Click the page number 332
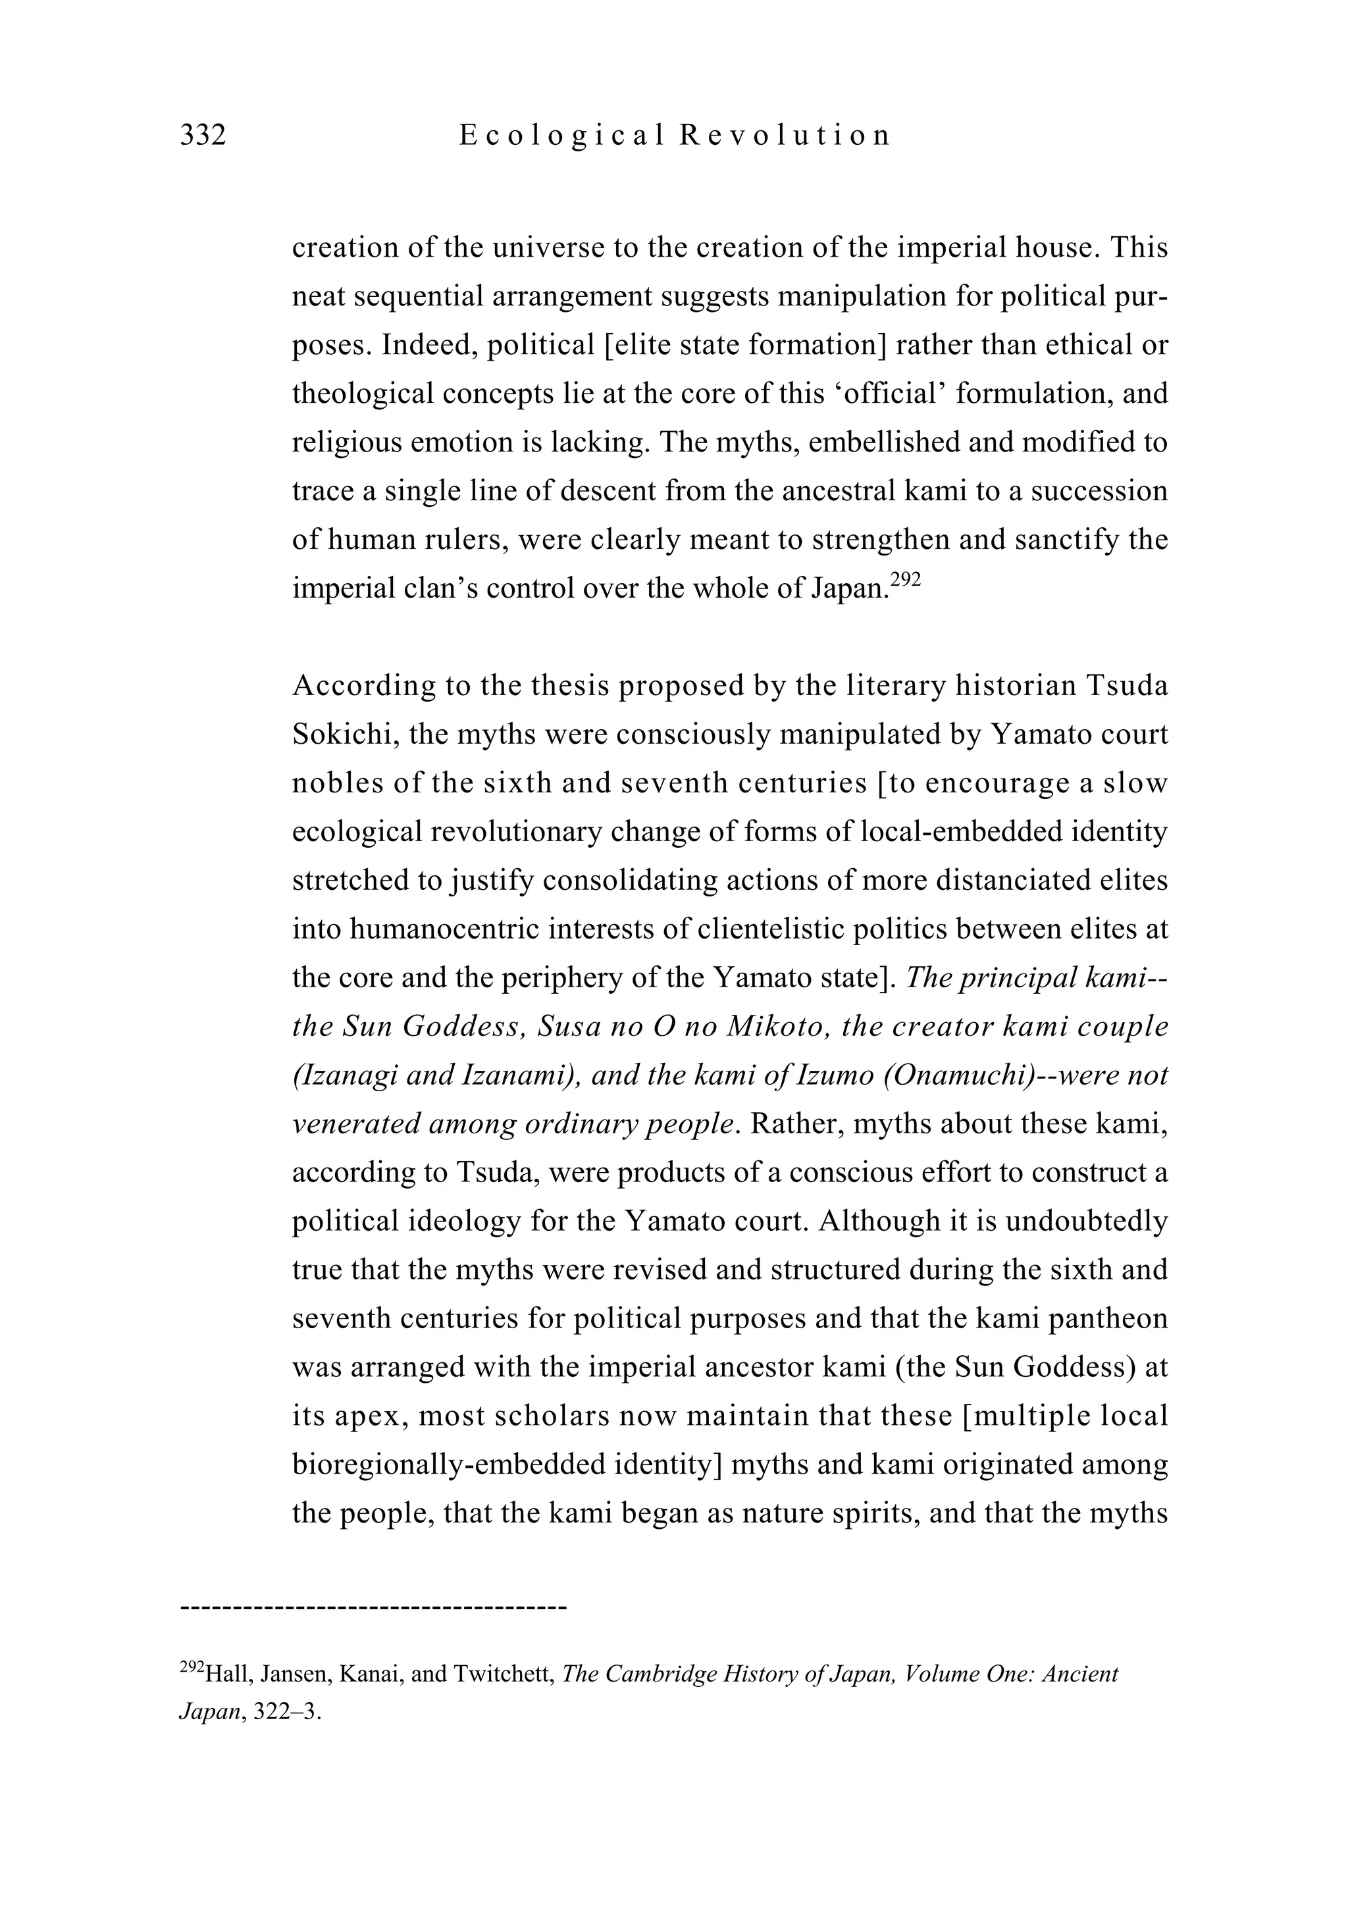[203, 135]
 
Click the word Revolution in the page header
[785, 135]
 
